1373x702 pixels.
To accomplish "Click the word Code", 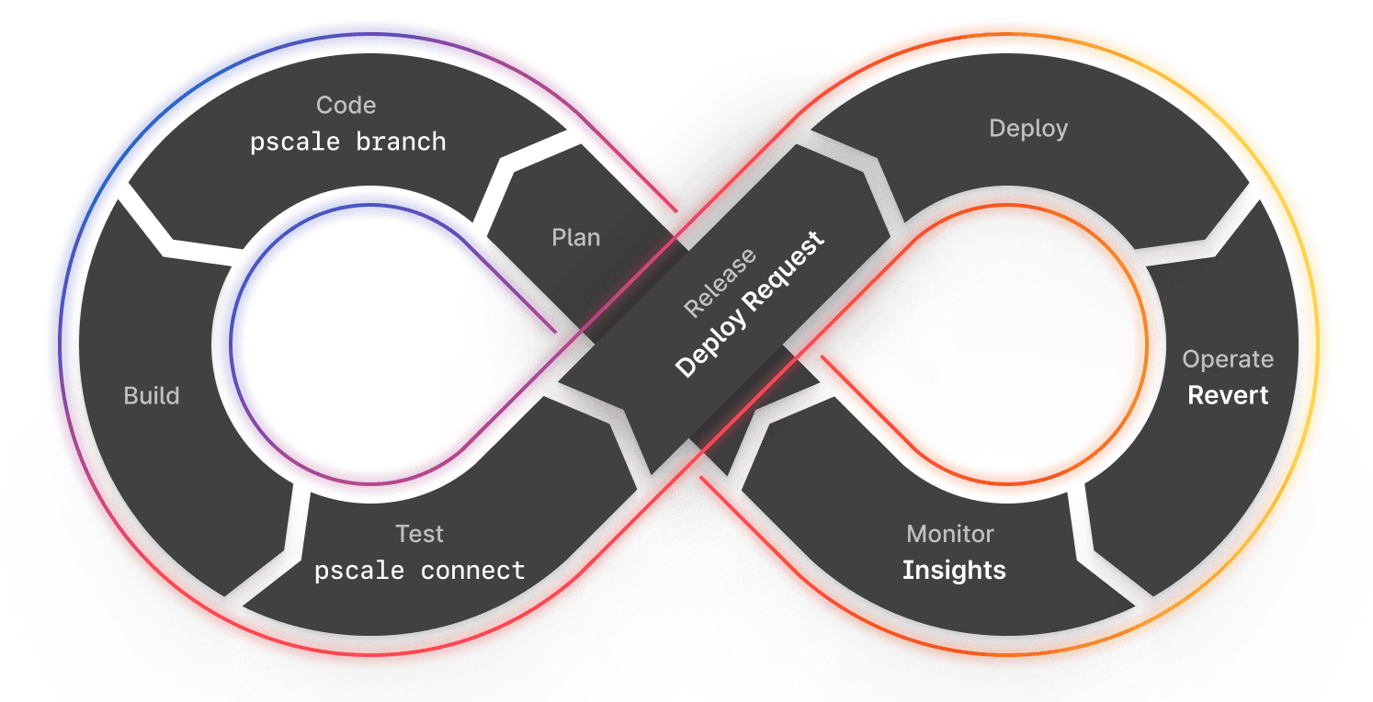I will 346,106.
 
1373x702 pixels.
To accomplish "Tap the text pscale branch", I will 348,142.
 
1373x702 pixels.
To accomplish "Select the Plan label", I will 575,238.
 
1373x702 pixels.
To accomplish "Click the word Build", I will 152,396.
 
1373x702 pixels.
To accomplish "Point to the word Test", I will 419,534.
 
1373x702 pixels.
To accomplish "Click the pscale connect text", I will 419,571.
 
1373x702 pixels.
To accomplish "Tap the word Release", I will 720,282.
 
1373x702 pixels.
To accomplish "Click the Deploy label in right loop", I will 1028,129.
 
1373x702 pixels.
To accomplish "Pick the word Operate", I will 1228,359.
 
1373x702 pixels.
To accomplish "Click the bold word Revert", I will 1228,395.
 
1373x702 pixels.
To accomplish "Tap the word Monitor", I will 950,534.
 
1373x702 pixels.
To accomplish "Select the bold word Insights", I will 954,571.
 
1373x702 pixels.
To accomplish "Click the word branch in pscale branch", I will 402,142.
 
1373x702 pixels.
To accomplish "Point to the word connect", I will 472,571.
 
